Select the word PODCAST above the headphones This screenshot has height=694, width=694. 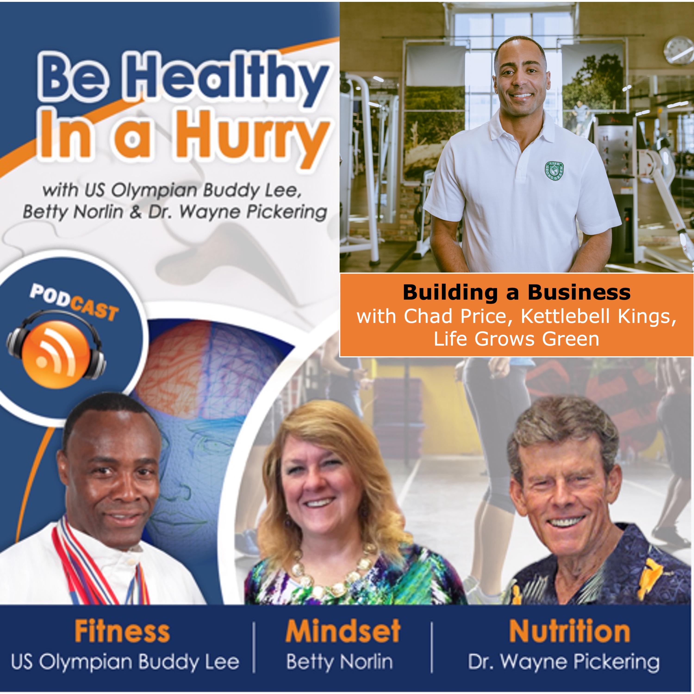pyautogui.click(x=74, y=302)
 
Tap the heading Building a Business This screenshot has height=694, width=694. pyautogui.click(x=517, y=293)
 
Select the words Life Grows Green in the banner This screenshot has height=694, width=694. pyautogui.click(x=517, y=339)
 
